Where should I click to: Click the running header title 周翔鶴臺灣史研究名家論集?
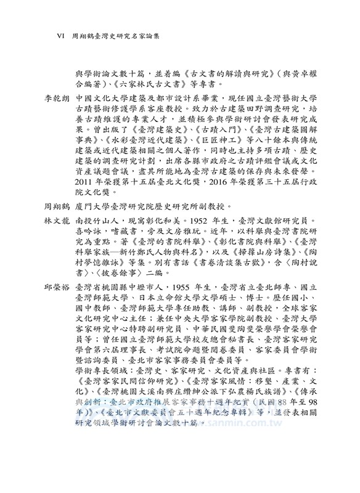point(117,36)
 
